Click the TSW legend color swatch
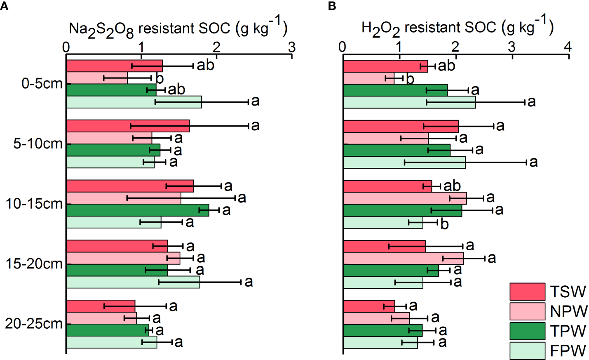tap(527, 292)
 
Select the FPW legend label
tap(568, 351)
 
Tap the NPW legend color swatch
tap(527, 311)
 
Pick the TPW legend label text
tap(568, 331)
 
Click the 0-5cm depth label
tap(42, 84)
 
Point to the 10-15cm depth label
tap(34, 204)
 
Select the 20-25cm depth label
tap(34, 324)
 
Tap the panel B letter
tap(332, 6)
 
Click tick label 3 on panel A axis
tap(292, 47)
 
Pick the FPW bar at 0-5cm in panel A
tap(134, 102)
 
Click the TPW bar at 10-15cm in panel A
tap(137, 210)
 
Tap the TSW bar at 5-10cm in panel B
tap(401, 126)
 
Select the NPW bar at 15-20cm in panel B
tap(403, 259)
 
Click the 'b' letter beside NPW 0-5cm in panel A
tap(160, 78)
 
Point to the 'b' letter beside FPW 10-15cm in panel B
tap(444, 224)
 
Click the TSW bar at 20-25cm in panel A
tap(101, 306)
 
